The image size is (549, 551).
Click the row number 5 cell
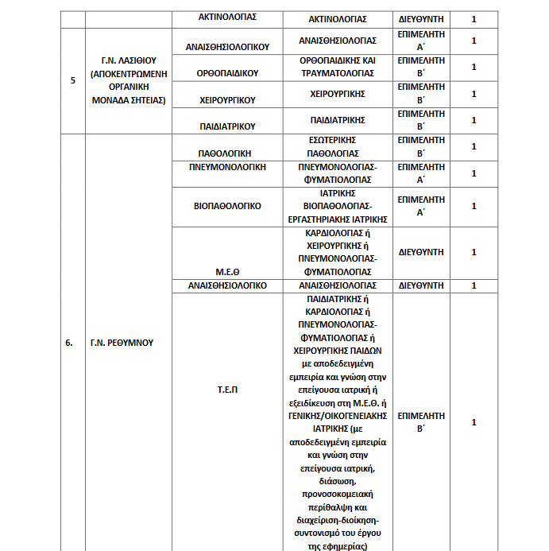pos(73,81)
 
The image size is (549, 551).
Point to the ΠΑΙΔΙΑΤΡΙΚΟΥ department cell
pos(227,126)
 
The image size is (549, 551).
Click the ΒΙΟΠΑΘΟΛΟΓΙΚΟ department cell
pos(227,205)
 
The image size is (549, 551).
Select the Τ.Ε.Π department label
pos(227,390)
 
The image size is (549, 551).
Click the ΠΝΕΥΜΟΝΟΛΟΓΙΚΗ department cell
pos(227,167)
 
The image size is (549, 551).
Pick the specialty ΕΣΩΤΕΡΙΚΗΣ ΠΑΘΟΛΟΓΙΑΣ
pos(342,146)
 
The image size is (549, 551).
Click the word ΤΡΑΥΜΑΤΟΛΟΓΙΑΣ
pos(342,73)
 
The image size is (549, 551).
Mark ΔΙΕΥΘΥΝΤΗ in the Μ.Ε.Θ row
pos(420,251)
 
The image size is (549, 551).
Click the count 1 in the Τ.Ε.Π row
pos(474,422)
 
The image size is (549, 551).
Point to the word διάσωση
pos(342,481)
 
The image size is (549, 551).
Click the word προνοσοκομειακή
pos(342,494)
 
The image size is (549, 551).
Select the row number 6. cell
pos(69,343)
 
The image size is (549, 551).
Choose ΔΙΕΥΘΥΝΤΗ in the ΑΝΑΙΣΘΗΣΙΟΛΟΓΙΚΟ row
pos(420,285)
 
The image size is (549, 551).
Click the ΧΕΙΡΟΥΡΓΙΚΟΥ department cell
pos(227,100)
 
